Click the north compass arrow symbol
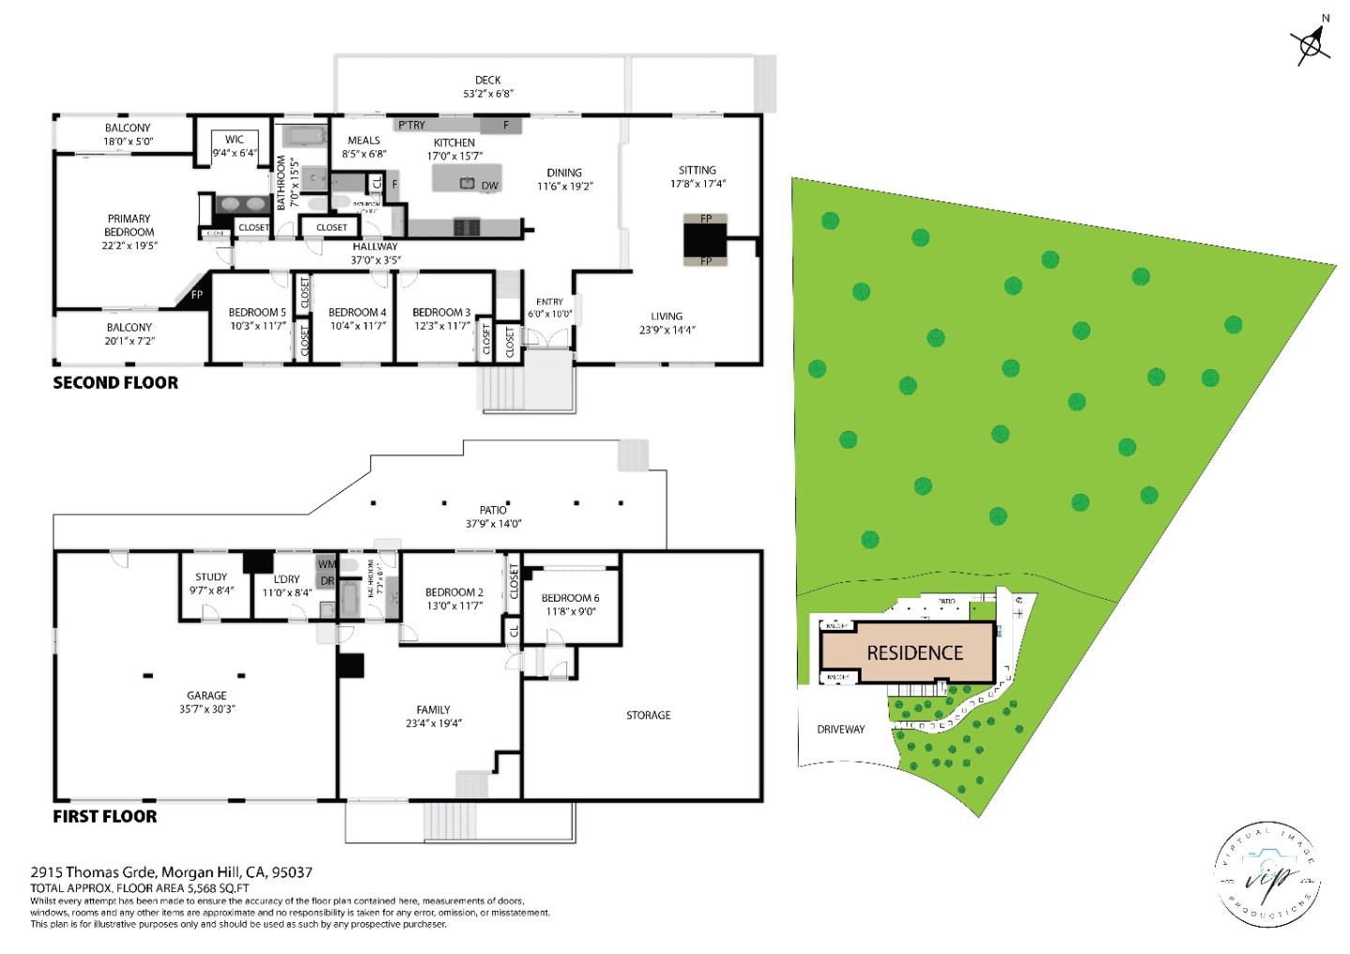tap(1311, 41)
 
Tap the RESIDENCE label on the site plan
tap(914, 653)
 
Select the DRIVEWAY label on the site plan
tap(840, 729)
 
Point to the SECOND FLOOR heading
tap(115, 382)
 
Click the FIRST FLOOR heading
tap(105, 816)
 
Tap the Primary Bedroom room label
tap(128, 225)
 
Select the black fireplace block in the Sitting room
tap(705, 241)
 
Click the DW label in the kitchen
tap(489, 186)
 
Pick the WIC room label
tap(233, 140)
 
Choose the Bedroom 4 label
tap(357, 312)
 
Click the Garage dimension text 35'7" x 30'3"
tap(206, 708)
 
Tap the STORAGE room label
tap(648, 715)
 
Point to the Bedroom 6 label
tap(570, 598)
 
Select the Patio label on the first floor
tap(493, 510)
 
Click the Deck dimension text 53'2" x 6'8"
tap(487, 93)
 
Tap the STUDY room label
tap(211, 577)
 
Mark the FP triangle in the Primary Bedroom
tap(194, 294)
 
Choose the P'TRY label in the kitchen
tap(411, 125)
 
